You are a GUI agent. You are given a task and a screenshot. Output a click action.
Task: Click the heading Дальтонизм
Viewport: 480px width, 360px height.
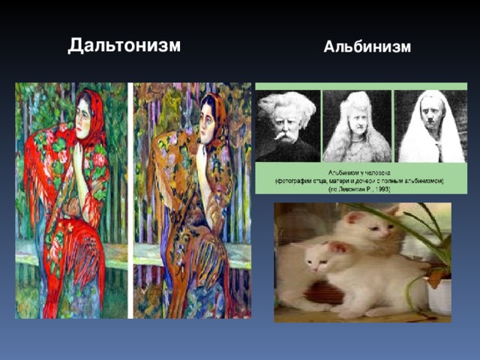(x=124, y=45)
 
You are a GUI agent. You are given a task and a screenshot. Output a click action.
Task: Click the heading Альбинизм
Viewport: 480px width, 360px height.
(x=367, y=47)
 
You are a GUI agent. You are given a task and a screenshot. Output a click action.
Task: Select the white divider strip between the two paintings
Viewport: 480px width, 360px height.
(x=130, y=199)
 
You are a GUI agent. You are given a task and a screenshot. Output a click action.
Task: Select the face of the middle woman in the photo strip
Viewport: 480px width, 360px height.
(x=357, y=119)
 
